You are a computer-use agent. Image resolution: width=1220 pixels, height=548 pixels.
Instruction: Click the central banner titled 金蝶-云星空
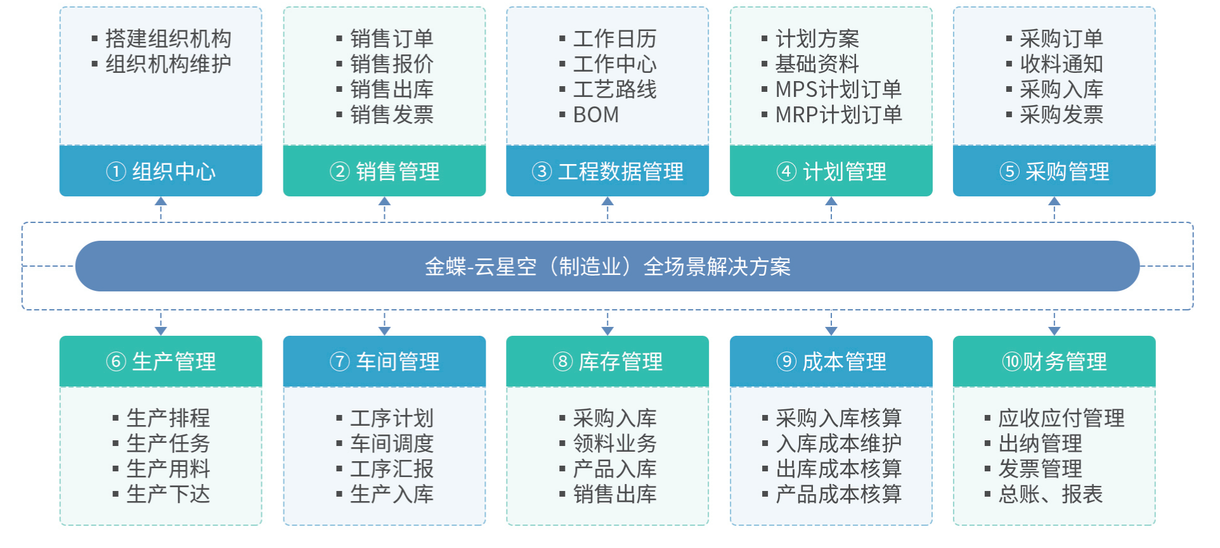pyautogui.click(x=607, y=266)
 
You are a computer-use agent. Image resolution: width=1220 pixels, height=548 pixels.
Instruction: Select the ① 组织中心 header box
pyautogui.click(x=161, y=171)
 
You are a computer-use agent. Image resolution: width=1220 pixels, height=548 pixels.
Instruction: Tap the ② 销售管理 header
pyautogui.click(x=384, y=171)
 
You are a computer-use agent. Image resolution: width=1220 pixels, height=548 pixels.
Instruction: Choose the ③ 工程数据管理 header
pyautogui.click(x=607, y=171)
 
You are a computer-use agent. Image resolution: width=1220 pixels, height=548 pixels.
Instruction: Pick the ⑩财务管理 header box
pyautogui.click(x=1055, y=361)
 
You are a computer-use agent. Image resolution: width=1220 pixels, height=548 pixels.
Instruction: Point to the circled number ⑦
pyautogui.click(x=340, y=362)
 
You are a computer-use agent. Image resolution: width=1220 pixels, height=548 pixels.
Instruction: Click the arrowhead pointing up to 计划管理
pyautogui.click(x=831, y=201)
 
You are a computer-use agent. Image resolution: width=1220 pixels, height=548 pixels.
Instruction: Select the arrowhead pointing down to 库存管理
pyautogui.click(x=607, y=331)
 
